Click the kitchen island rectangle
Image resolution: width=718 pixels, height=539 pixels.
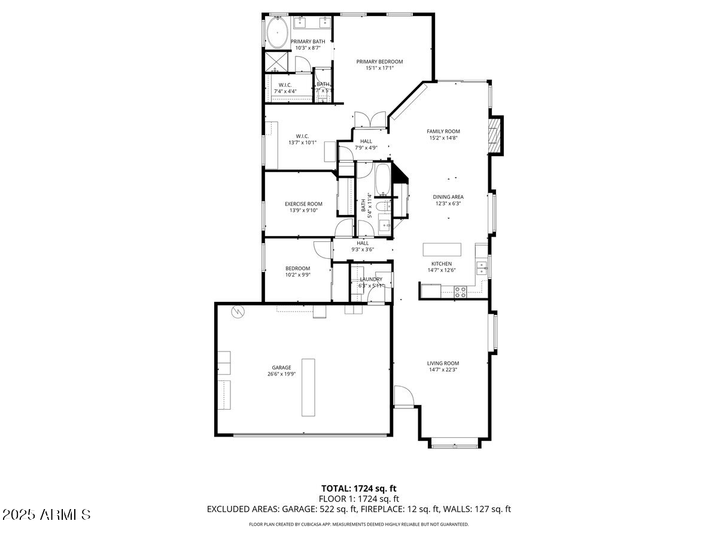[x=442, y=249]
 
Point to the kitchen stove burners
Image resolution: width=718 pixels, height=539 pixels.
[x=461, y=292]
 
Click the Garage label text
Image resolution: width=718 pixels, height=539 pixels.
[x=281, y=368]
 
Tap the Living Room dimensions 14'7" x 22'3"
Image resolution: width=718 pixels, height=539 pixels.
[x=443, y=370]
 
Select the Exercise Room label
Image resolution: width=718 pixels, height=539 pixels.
[x=303, y=204]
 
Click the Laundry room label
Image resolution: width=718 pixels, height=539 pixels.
[x=371, y=280]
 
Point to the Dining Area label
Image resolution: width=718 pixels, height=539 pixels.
[x=449, y=196]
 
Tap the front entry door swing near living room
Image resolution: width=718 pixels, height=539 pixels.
[x=403, y=396]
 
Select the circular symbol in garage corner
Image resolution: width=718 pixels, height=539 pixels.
[x=238, y=311]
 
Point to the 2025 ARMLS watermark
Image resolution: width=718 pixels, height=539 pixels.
[x=47, y=514]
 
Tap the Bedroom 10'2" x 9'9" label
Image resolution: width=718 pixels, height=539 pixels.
[x=297, y=271]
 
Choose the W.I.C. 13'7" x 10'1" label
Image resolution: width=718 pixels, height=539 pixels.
[x=302, y=140]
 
